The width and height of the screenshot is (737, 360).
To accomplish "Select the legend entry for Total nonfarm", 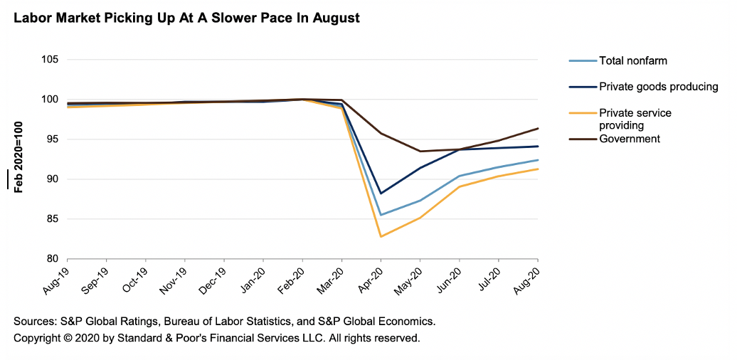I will pos(633,60).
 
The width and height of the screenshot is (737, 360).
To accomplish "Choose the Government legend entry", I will pos(630,139).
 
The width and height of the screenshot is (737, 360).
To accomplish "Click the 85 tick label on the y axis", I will pos(51,219).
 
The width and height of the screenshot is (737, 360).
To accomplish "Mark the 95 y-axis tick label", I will pos(51,139).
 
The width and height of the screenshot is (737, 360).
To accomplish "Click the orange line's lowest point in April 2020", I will pos(381,236).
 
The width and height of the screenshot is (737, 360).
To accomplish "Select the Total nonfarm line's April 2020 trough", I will pos(381,215).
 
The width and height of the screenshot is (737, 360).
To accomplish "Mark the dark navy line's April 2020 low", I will pos(381,194).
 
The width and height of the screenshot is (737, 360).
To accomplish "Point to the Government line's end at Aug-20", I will pos(537,129).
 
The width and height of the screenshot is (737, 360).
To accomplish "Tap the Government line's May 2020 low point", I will pos(420,151).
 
